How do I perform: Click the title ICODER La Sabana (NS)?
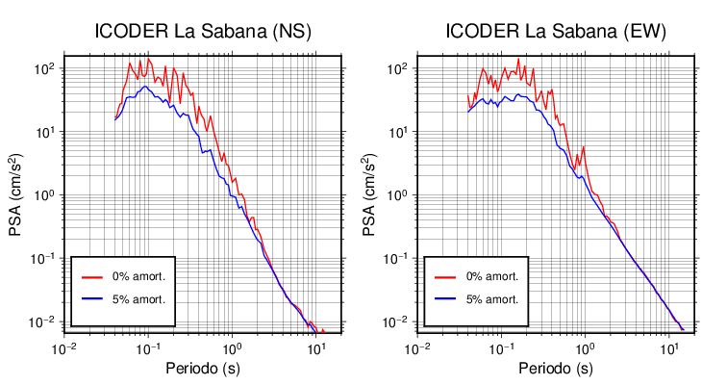coord(203,32)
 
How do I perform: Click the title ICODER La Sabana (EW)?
coord(556,32)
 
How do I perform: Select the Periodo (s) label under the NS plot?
coord(203,369)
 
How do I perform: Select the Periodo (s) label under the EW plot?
coord(556,369)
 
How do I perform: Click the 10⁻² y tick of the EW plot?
coord(395,321)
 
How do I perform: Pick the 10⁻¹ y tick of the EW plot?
coord(395,258)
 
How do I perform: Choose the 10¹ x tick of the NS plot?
coord(315,347)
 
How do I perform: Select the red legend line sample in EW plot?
coord(444,276)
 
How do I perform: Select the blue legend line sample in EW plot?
coord(444,299)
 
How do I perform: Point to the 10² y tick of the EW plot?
coord(396,68)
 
